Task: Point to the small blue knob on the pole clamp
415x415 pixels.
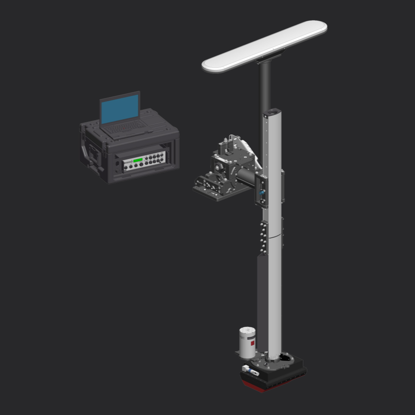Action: click(x=261, y=193)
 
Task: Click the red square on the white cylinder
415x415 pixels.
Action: click(x=252, y=343)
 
